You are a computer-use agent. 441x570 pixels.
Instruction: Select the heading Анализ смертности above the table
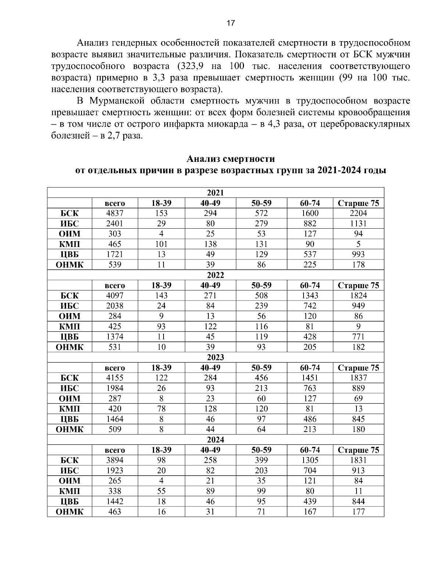coord(230,159)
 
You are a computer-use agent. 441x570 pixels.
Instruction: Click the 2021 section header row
coord(215,193)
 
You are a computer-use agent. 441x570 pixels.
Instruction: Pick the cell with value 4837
coord(115,213)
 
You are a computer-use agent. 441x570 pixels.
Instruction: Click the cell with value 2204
coord(358,213)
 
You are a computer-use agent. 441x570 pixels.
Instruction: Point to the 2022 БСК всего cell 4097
coord(115,295)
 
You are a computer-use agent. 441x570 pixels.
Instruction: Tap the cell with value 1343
coord(309,295)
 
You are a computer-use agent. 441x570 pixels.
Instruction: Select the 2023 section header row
coord(215,357)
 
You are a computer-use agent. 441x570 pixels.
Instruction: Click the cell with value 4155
coord(115,378)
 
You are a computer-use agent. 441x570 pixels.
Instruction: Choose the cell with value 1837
coord(358,378)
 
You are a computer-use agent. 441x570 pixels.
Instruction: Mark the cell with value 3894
coord(115,460)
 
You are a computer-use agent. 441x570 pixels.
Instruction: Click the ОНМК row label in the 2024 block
coord(69,512)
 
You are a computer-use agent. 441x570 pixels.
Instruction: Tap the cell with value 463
coord(115,512)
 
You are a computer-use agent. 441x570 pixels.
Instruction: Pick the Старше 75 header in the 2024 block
coord(358,450)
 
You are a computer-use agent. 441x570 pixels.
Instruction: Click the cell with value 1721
coord(115,254)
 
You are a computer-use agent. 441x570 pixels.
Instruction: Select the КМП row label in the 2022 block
coord(69,326)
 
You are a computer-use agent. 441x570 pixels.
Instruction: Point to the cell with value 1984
coord(115,388)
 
